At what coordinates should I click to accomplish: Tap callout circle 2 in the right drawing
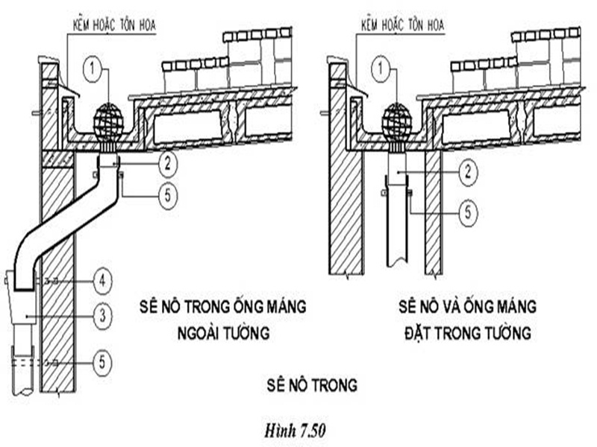coord(468,174)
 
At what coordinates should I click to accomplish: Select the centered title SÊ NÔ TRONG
coord(311,385)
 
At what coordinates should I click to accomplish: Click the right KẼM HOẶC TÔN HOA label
coord(402,25)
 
